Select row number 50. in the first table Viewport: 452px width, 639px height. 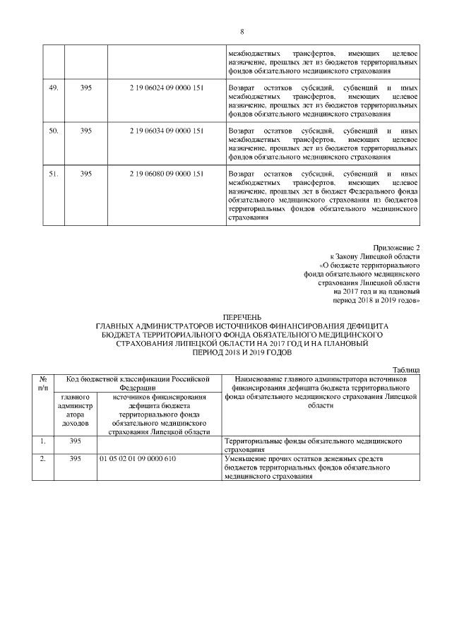pyautogui.click(x=54, y=131)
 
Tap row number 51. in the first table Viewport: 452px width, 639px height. pyautogui.click(x=54, y=174)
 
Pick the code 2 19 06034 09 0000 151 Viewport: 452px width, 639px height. pyautogui.click(x=167, y=131)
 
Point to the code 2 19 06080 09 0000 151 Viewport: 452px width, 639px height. pyautogui.click(x=167, y=174)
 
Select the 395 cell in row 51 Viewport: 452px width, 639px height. pyautogui.click(x=86, y=174)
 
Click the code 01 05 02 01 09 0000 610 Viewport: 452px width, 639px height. pyautogui.click(x=138, y=460)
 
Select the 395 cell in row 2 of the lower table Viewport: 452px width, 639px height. pyautogui.click(x=76, y=460)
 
